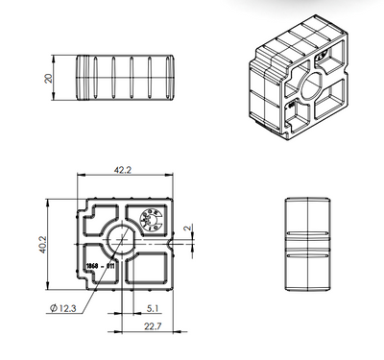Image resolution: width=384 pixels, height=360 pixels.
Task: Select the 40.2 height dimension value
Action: coord(41,247)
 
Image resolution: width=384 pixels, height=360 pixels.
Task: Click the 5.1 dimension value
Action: coord(155,307)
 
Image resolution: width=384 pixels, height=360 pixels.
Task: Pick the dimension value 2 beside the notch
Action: coord(189,228)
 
